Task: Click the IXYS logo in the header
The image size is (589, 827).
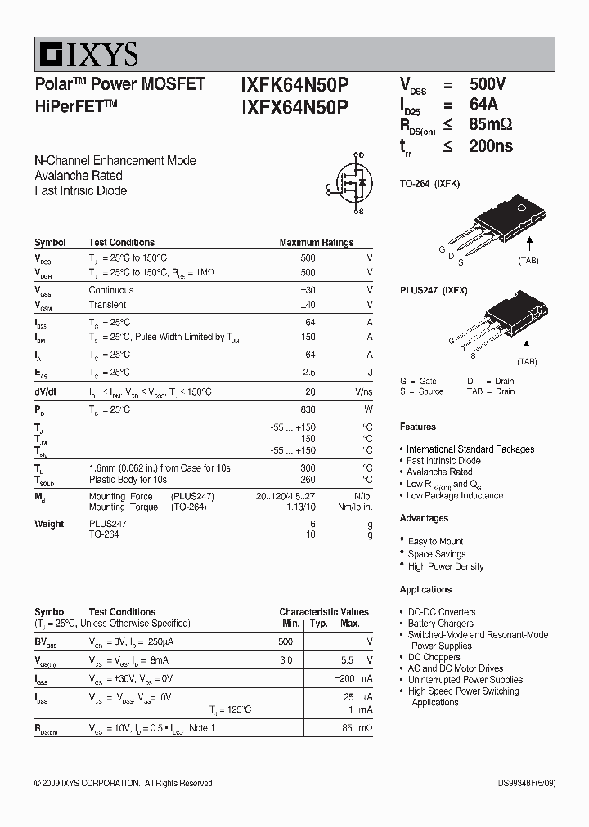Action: tap(87, 55)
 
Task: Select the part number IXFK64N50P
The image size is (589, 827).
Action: tap(294, 84)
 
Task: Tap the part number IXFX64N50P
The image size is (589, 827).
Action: tap(294, 107)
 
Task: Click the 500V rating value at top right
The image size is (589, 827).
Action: tap(488, 84)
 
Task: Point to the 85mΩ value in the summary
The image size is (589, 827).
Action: tap(491, 125)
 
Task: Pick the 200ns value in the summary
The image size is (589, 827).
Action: tap(491, 146)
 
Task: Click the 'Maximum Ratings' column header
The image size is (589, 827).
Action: tap(316, 243)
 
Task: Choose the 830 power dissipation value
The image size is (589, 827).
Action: tap(308, 409)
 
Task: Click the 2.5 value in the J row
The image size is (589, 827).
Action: tap(308, 373)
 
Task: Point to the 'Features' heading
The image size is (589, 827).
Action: tap(417, 427)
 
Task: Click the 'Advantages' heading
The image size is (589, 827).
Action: tap(424, 518)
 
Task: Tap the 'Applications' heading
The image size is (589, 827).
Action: tap(425, 589)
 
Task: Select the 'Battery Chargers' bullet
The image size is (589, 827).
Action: tap(441, 624)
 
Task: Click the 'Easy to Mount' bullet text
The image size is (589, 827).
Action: tap(435, 541)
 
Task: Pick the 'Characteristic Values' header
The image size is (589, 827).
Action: tap(323, 611)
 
